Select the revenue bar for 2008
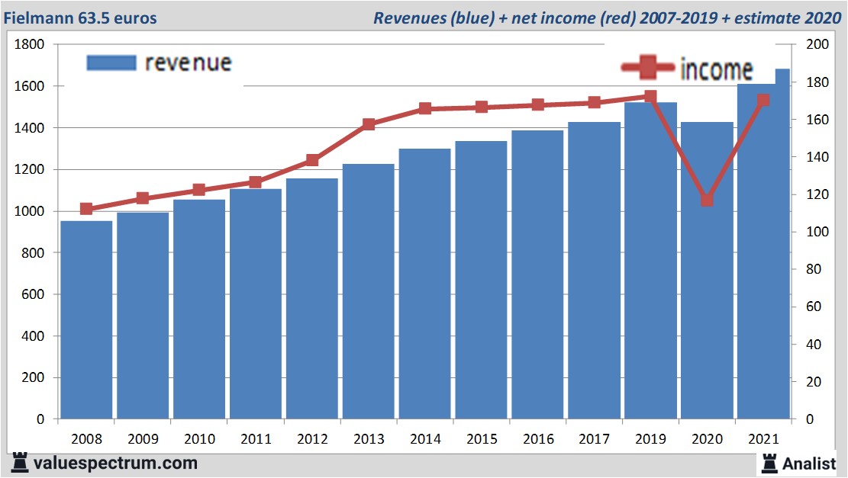86,320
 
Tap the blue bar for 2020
707,271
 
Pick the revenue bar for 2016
537,274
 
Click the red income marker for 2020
707,200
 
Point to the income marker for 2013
368,124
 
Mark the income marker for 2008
86,209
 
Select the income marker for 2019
650,97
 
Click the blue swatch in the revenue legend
111,63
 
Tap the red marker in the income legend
648,69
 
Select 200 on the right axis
817,45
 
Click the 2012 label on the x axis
311,440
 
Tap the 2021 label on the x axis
763,440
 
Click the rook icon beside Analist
769,463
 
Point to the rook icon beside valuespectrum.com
21,463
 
